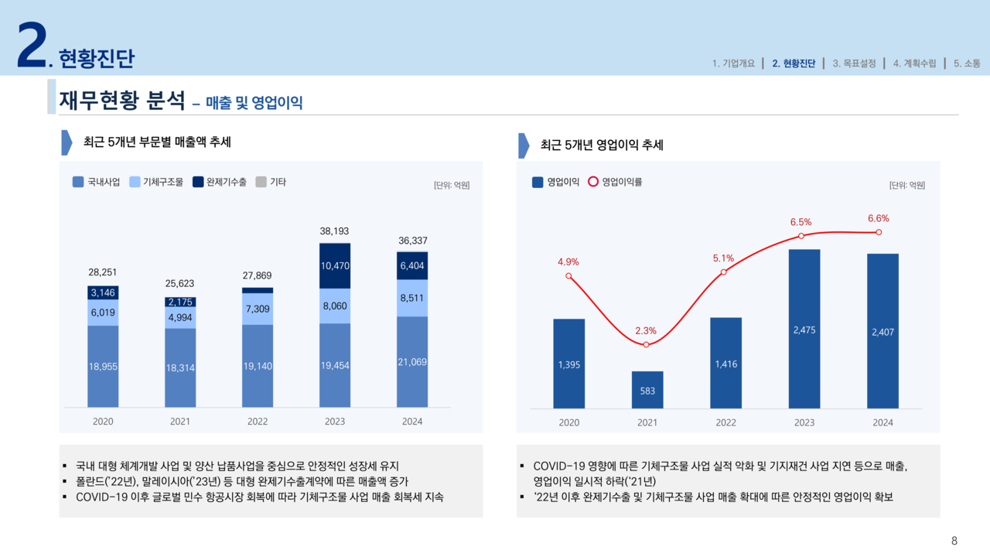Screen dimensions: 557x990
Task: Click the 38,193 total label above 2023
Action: [334, 231]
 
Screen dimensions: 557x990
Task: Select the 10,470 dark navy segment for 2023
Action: [334, 266]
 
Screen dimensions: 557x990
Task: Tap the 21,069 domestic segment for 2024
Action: [412, 362]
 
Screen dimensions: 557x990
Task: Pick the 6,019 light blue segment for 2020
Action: [103, 313]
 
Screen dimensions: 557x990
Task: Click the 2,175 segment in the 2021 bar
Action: [180, 302]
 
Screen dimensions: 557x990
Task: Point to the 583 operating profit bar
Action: [647, 390]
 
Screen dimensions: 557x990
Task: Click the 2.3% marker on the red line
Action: [646, 344]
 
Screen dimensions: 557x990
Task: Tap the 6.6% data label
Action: [878, 219]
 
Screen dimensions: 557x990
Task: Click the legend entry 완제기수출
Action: [220, 183]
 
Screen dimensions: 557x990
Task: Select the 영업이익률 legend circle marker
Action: [593, 183]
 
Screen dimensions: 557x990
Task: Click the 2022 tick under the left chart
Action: [258, 422]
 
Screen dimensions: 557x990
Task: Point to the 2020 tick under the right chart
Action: [568, 422]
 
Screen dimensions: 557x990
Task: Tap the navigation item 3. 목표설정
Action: [854, 63]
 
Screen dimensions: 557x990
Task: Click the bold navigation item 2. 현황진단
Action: [793, 63]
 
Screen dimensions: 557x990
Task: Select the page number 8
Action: [954, 541]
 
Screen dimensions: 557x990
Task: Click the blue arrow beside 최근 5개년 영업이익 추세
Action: [524, 145]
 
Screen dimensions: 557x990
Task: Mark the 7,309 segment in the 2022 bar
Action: [258, 309]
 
